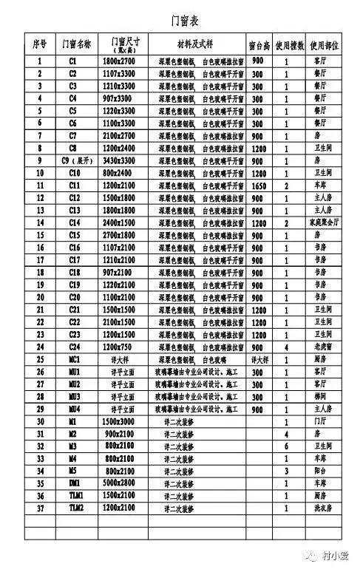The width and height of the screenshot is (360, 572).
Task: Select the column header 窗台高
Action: (258, 45)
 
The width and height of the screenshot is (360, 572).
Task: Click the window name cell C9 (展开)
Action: (72, 160)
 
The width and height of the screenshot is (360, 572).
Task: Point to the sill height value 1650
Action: (258, 185)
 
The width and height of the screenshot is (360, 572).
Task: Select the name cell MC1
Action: (72, 358)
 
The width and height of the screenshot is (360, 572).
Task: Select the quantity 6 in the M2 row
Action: (287, 446)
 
